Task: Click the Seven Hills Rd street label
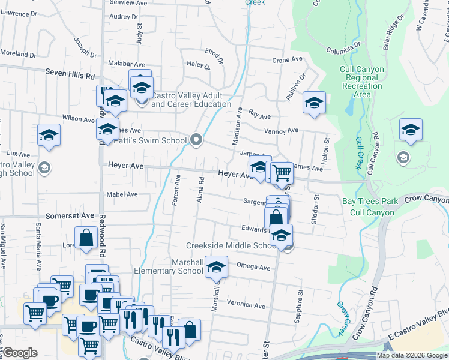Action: click(70, 76)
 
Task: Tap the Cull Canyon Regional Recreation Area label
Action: click(361, 82)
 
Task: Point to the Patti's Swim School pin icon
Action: click(197, 140)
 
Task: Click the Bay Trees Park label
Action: click(368, 202)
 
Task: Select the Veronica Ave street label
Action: click(246, 305)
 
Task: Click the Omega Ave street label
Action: click(255, 268)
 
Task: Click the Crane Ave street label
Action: click(287, 60)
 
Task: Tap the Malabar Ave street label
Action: click(127, 64)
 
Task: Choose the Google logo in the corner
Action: click(20, 353)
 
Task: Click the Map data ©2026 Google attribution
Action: click(411, 355)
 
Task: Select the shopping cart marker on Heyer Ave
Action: click(282, 173)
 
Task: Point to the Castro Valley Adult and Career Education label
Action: click(191, 100)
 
